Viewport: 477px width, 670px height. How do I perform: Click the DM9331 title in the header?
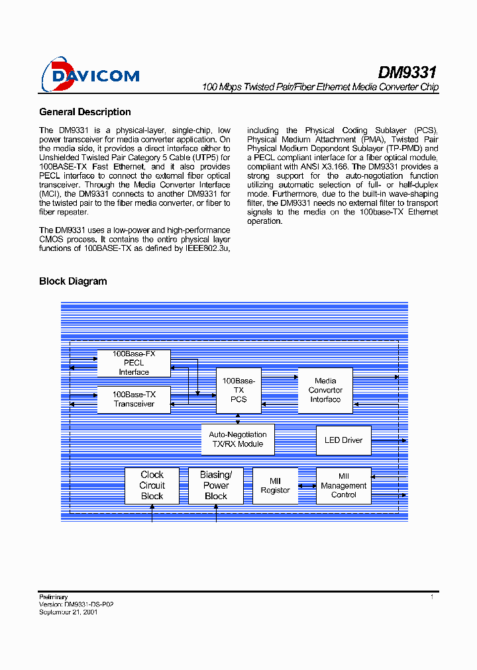pyautogui.click(x=407, y=72)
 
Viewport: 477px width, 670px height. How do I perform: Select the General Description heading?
pyautogui.click(x=85, y=112)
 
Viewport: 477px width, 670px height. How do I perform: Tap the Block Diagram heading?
pyautogui.click(x=73, y=281)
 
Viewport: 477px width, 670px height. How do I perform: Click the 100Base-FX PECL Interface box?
pyautogui.click(x=134, y=363)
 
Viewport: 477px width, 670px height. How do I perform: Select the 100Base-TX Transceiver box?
pyautogui.click(x=134, y=399)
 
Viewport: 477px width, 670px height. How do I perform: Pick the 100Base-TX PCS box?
pyautogui.click(x=238, y=391)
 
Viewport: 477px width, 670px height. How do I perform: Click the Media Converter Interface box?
pyautogui.click(x=325, y=391)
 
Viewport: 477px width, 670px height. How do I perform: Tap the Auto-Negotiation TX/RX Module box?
pyautogui.click(x=238, y=440)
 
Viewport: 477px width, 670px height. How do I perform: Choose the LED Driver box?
pyautogui.click(x=343, y=440)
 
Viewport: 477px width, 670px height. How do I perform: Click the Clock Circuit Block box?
pyautogui.click(x=152, y=485)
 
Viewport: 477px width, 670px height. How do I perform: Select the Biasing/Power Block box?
pyautogui.click(x=216, y=485)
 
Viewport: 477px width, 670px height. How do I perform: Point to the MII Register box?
pyautogui.click(x=275, y=485)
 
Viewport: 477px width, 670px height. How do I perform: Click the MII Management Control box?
pyautogui.click(x=343, y=485)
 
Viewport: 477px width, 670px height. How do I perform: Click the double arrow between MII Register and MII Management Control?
pyautogui.click(x=307, y=485)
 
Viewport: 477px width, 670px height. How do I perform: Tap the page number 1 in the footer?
pyautogui.click(x=432, y=597)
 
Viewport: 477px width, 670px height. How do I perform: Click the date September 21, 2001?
pyautogui.click(x=68, y=612)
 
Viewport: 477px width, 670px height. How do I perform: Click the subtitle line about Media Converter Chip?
pyautogui.click(x=320, y=87)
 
